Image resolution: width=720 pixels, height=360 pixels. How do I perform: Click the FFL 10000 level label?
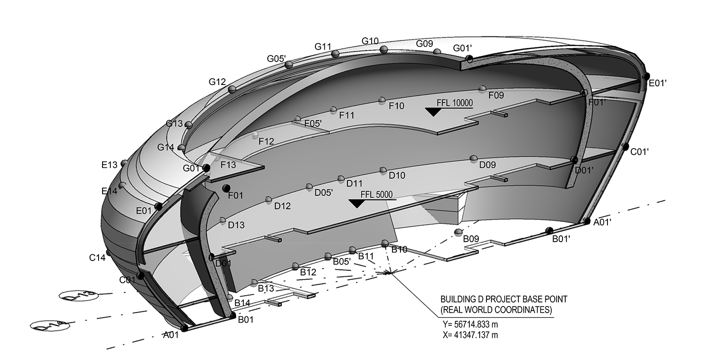pos(454,103)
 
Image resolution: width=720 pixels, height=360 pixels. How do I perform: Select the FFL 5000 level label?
pos(377,195)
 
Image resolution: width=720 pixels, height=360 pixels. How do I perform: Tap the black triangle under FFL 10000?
pos(432,112)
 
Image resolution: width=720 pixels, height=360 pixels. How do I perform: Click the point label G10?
pos(370,41)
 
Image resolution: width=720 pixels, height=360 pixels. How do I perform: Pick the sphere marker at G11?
pos(335,54)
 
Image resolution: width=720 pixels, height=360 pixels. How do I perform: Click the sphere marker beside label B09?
pos(458,232)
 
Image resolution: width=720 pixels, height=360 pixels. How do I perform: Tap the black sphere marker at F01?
pos(226,188)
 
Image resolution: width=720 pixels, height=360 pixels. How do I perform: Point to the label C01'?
pos(639,152)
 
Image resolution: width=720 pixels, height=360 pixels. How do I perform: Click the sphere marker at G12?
pos(232,90)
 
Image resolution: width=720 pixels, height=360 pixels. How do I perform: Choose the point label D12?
pos(283,206)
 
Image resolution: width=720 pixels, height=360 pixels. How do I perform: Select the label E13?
pos(109,165)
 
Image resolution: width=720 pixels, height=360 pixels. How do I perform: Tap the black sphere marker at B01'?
pos(549,231)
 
